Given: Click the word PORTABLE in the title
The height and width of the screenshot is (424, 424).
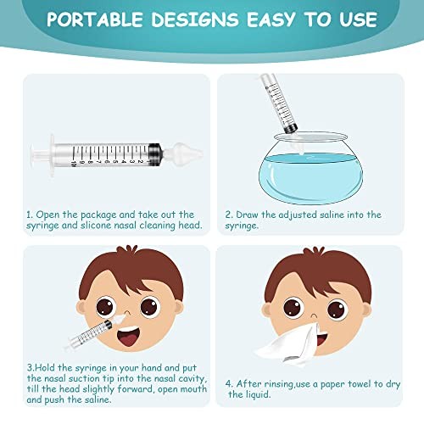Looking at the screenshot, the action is tap(94, 20).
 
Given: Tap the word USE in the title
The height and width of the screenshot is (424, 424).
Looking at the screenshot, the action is tap(359, 20).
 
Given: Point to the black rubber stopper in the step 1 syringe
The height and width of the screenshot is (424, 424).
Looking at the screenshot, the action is tap(155, 154).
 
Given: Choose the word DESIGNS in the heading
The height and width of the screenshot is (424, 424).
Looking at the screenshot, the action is tap(195, 20).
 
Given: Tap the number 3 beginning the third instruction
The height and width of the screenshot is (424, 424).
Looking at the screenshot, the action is tap(30, 368).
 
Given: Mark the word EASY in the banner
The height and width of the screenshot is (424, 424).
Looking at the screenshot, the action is tap(271, 20).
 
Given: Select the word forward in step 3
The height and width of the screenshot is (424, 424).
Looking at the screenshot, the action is tap(136, 389).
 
